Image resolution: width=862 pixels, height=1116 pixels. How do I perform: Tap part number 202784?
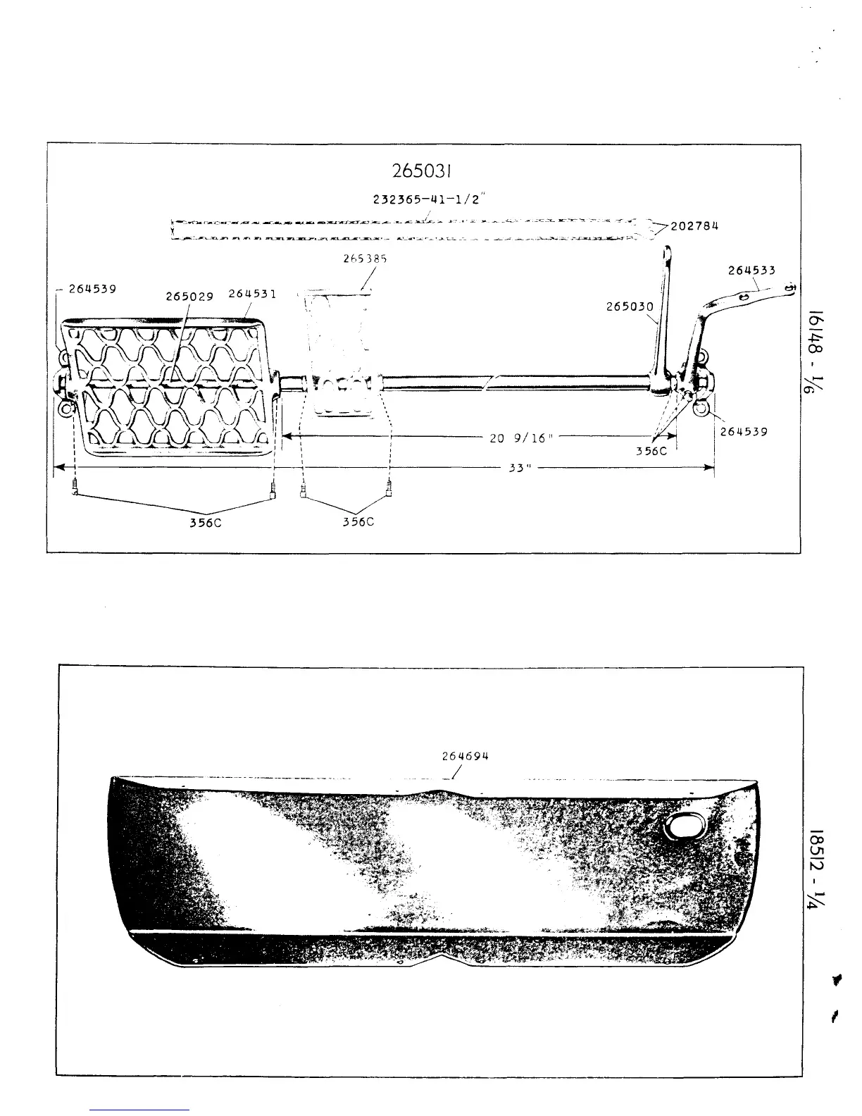click(x=694, y=226)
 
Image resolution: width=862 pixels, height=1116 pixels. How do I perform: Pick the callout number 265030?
click(x=630, y=306)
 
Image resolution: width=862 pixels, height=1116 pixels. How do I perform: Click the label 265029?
click(x=189, y=296)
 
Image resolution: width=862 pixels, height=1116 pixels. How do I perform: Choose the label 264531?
click(x=252, y=294)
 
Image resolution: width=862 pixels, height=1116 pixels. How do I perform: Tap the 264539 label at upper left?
click(x=92, y=288)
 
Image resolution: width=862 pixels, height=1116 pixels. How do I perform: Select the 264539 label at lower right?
click(x=743, y=431)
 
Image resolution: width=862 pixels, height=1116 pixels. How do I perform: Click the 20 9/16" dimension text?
click(x=522, y=438)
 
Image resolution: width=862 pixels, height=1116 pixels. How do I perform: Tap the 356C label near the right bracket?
click(x=651, y=451)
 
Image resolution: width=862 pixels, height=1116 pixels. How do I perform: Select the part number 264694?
click(x=465, y=756)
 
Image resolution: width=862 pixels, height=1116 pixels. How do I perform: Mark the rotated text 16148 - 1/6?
click(x=819, y=353)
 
